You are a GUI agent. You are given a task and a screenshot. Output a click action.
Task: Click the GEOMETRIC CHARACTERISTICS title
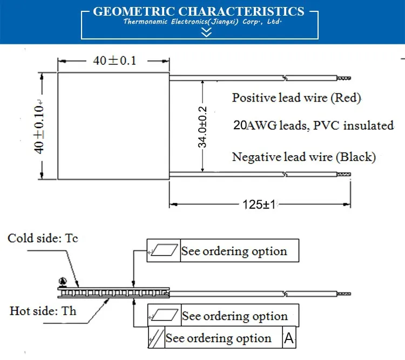point(199,11)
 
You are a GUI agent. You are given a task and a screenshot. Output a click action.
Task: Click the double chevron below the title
point(206,33)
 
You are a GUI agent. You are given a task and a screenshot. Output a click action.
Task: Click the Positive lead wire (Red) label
point(296,98)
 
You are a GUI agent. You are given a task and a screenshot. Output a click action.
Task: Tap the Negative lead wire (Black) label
point(303,157)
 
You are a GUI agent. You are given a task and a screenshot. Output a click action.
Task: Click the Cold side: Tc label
point(43,238)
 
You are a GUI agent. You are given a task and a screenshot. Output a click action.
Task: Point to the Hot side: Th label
point(43,311)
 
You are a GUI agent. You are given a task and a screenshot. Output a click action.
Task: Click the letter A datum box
point(289,338)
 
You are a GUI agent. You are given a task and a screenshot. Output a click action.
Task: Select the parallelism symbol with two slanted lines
point(156,339)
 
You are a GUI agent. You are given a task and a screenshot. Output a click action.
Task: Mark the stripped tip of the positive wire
point(344,78)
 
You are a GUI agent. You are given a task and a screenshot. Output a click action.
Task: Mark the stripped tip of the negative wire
point(344,174)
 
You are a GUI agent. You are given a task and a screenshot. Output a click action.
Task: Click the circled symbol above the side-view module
point(62,281)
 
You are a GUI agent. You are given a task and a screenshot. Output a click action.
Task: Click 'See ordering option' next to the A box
point(218,338)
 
